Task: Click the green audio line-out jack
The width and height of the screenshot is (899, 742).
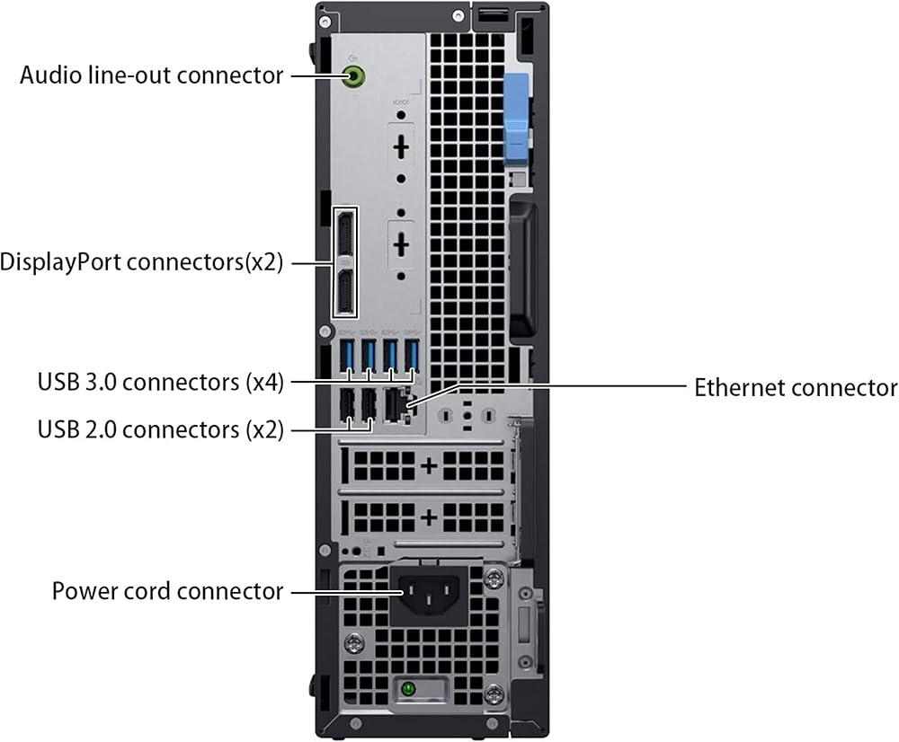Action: [x=353, y=75]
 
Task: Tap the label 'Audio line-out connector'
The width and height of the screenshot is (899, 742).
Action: [x=151, y=75]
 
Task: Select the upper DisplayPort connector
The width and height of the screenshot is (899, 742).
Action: [x=345, y=235]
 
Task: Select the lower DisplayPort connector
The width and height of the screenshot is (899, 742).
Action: [x=345, y=291]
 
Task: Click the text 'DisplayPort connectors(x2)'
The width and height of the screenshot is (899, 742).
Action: [x=142, y=261]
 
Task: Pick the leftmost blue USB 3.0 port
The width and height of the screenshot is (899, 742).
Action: [x=347, y=355]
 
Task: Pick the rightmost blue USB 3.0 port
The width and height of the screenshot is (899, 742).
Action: [x=412, y=355]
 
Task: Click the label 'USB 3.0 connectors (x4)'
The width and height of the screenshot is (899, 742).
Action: [x=161, y=382]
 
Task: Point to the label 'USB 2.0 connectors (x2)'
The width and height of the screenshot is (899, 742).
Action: [x=161, y=429]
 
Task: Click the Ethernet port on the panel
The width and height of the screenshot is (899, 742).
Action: [x=396, y=405]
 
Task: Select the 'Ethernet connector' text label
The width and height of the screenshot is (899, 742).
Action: [x=796, y=388]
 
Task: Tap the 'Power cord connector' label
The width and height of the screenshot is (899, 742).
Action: [x=167, y=591]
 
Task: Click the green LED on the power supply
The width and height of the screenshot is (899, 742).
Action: [x=408, y=688]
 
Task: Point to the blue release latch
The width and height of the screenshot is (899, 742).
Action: [x=517, y=117]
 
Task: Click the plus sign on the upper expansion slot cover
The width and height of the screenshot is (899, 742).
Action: [x=429, y=465]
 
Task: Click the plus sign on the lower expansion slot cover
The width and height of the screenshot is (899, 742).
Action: [x=429, y=518]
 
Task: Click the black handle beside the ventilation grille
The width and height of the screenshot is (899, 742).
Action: [x=523, y=269]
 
